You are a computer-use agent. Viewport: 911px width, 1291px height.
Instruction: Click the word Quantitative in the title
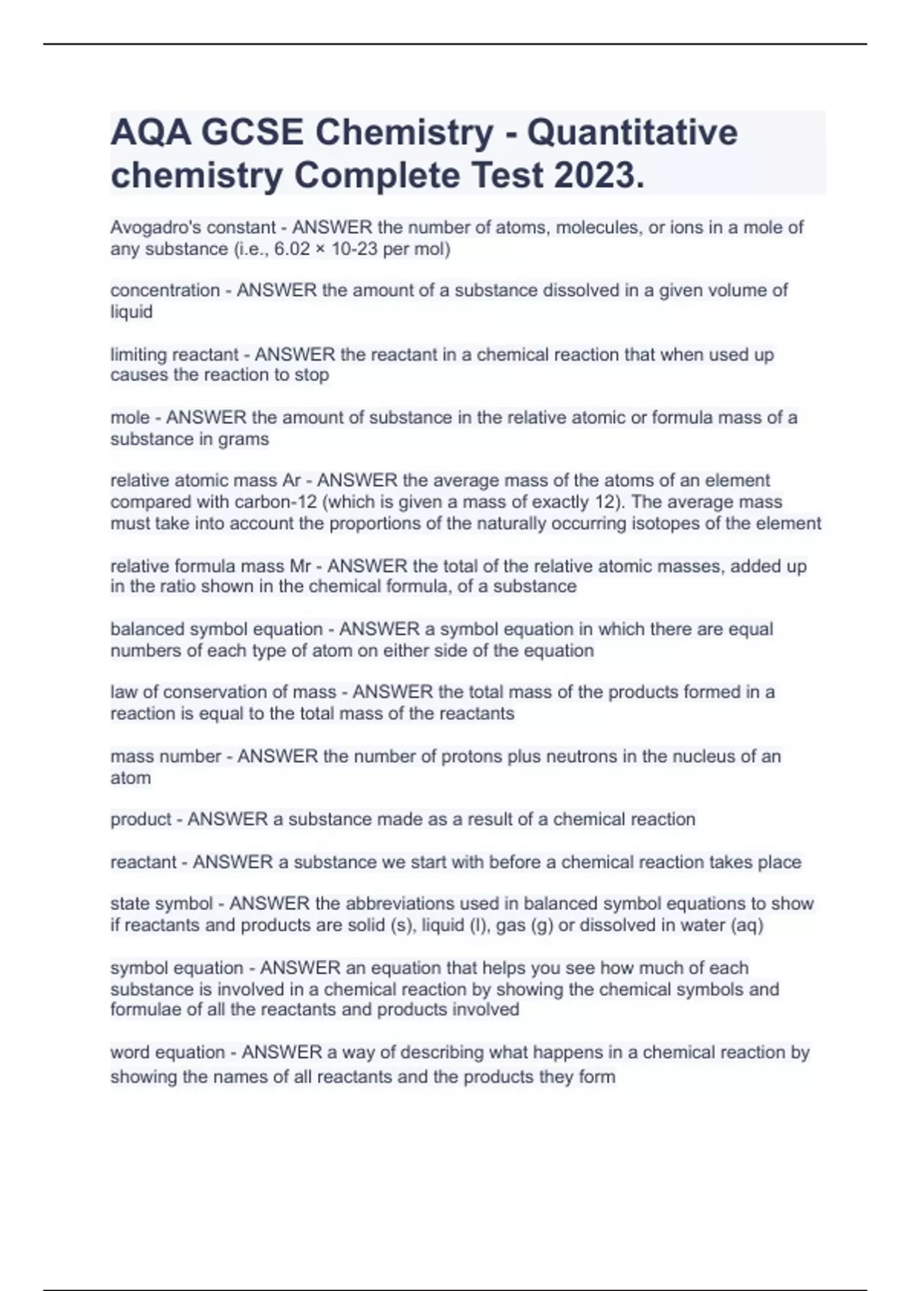(x=632, y=133)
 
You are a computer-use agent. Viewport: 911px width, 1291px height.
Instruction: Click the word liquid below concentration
(x=131, y=312)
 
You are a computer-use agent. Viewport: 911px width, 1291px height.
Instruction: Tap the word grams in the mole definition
(x=243, y=440)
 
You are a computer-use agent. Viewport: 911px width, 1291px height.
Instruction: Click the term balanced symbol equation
(x=216, y=630)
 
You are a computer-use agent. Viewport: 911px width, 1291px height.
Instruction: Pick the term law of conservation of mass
(x=223, y=693)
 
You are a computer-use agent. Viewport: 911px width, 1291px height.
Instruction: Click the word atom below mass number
(x=131, y=778)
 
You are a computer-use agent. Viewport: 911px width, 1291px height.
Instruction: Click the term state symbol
(x=162, y=904)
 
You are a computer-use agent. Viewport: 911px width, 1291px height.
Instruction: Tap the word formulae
(x=140, y=1010)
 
